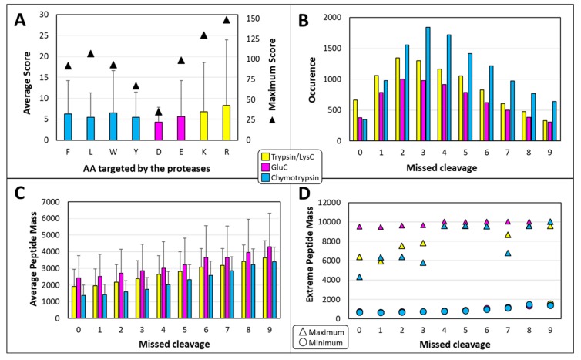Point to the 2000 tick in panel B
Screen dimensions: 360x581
coord(313,17)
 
